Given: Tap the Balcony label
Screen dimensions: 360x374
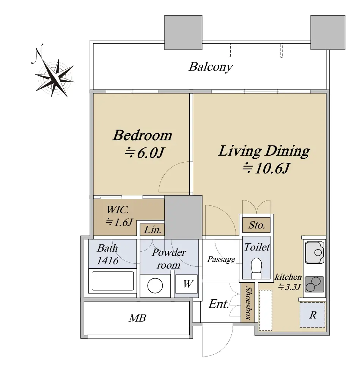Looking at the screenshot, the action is [x=211, y=67].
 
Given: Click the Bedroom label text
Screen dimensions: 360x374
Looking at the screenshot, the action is [x=142, y=135].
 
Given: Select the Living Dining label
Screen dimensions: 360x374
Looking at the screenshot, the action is [x=264, y=151].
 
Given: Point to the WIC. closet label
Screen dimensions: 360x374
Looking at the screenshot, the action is [x=118, y=210].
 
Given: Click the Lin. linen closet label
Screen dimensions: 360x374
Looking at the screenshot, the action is [x=152, y=230].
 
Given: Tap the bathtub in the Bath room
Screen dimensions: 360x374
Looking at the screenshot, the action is [x=113, y=281].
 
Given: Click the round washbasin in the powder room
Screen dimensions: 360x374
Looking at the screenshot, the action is [x=155, y=285].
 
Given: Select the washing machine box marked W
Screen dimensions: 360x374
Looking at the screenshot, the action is [x=186, y=284].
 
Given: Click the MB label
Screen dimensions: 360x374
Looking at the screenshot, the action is [x=137, y=318].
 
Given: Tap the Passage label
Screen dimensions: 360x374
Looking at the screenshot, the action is [x=221, y=259].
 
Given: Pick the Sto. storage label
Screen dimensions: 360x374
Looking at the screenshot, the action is [x=257, y=225].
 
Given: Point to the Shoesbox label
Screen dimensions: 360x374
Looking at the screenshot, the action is [x=248, y=303].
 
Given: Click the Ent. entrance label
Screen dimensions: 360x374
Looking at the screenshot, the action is [x=219, y=304].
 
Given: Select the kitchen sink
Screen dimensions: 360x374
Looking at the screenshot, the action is [x=315, y=252].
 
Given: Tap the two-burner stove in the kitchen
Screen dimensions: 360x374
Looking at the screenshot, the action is [x=314, y=284].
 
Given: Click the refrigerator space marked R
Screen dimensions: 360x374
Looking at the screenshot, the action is [x=313, y=315].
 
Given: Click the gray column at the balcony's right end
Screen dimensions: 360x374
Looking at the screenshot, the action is [x=328, y=33].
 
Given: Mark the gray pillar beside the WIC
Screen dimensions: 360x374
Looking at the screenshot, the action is [x=183, y=217].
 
